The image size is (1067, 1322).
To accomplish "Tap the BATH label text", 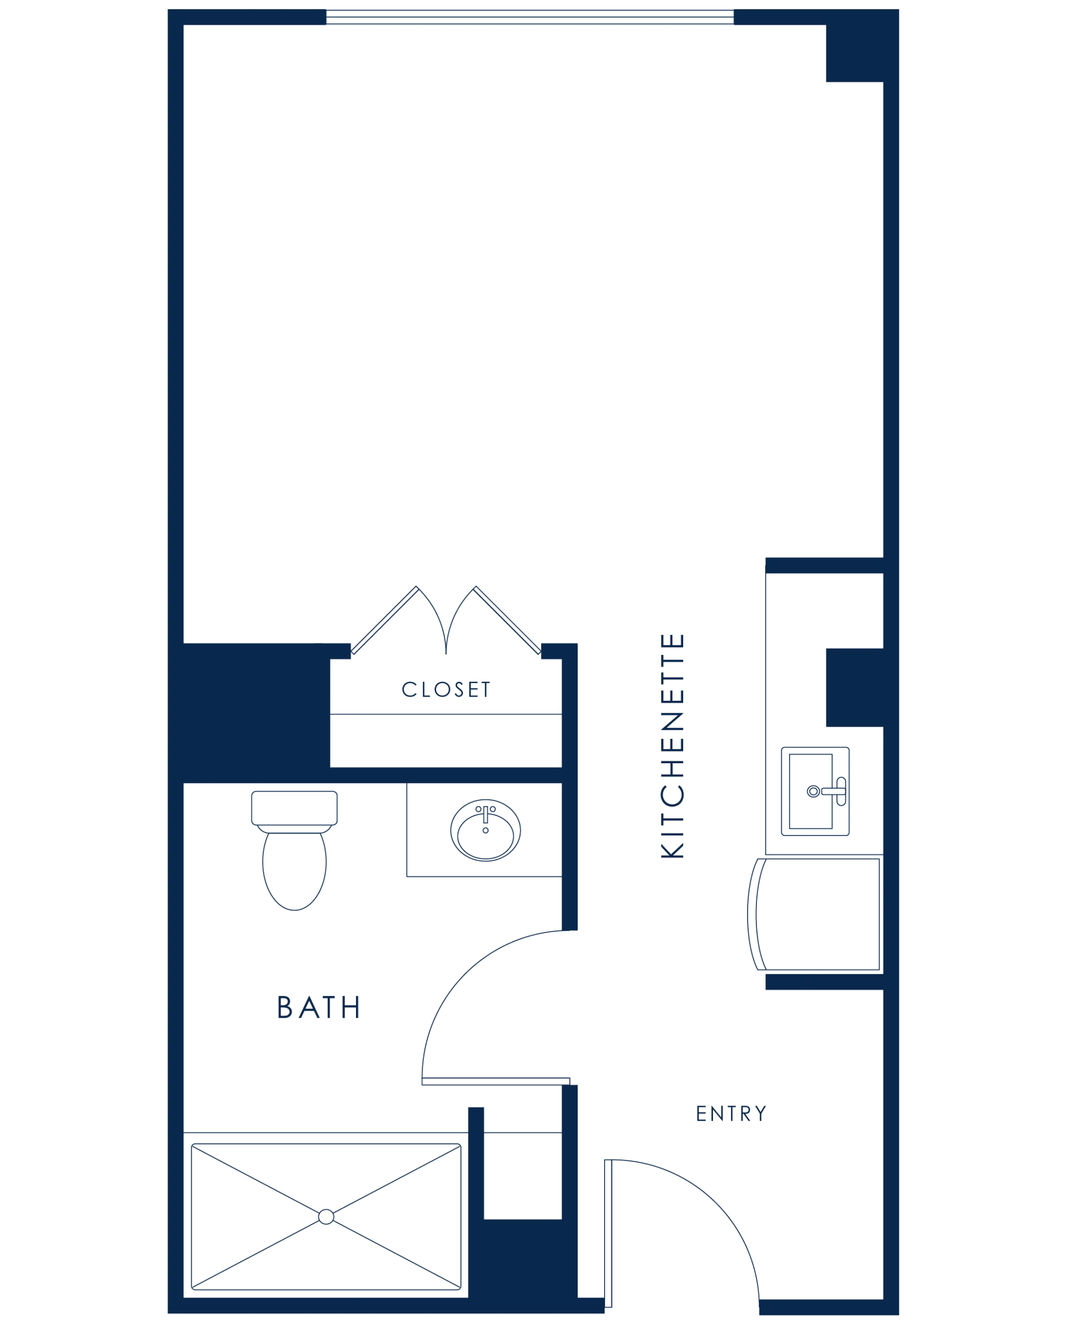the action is pyautogui.click(x=318, y=1008).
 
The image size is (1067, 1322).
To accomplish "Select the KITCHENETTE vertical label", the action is pyautogui.click(x=672, y=746).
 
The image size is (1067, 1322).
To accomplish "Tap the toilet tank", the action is pyautogui.click(x=295, y=808).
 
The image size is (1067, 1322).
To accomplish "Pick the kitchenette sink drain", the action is pyautogui.click(x=813, y=791).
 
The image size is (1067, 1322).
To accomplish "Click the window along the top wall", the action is pyautogui.click(x=530, y=17).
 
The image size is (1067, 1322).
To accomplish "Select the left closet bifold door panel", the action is pyautogui.click(x=385, y=620).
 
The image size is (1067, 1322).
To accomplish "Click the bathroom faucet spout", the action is pyautogui.click(x=486, y=814).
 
